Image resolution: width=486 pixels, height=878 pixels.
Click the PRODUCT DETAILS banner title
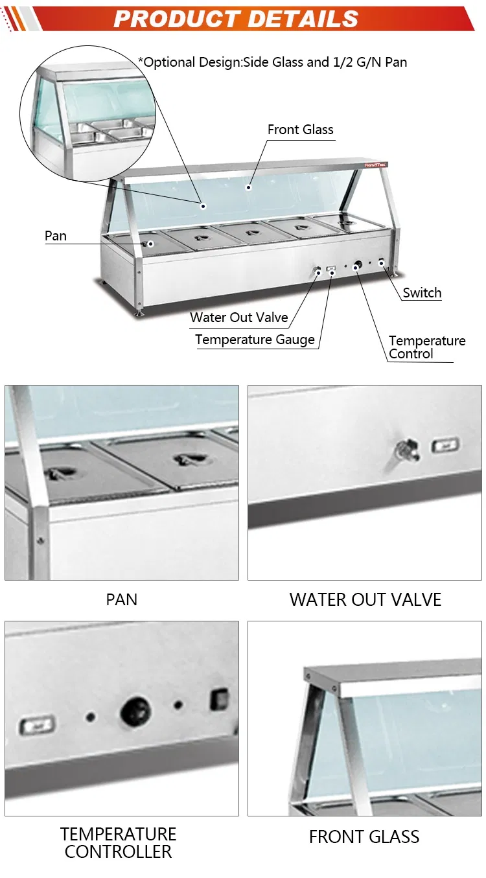pos(236,19)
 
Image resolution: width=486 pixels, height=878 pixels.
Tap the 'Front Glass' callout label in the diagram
pos(300,130)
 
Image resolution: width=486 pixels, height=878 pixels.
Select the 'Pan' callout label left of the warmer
pos(56,236)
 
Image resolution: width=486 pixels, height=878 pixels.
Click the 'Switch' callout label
pos(422,293)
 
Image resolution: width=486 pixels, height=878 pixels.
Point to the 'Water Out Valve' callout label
pos(239,317)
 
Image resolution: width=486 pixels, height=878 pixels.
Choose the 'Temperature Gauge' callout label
pos(255,340)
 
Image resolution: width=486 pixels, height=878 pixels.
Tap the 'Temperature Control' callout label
pos(427,347)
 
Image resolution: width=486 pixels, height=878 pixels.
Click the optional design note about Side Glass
pos(273,62)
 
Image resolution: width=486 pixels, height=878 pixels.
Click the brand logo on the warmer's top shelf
pos(375,165)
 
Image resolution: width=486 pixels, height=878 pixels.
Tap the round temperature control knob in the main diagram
pos(358,266)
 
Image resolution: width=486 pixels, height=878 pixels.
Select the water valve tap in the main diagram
pos(318,271)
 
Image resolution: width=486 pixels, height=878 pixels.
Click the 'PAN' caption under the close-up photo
pos(122,600)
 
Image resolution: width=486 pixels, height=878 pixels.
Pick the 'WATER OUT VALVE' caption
pos(365,600)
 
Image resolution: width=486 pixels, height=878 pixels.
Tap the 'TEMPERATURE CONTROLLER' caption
pos(118,843)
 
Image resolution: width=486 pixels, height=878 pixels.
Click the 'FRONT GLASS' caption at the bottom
pos(364,837)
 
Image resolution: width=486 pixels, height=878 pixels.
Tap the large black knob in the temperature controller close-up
pos(135,711)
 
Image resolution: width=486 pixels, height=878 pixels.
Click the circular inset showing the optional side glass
pos(87,113)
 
